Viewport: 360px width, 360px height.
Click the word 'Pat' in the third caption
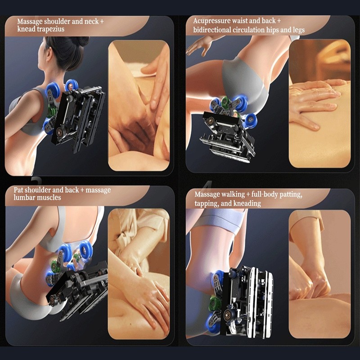18,190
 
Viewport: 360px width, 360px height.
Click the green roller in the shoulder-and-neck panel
52,112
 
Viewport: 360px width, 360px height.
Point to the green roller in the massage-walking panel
215,303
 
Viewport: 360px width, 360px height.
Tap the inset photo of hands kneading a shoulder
139,106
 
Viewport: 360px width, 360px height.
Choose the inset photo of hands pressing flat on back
319,103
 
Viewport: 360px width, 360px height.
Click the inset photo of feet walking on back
319,274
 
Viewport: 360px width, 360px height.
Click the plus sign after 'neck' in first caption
102,22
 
